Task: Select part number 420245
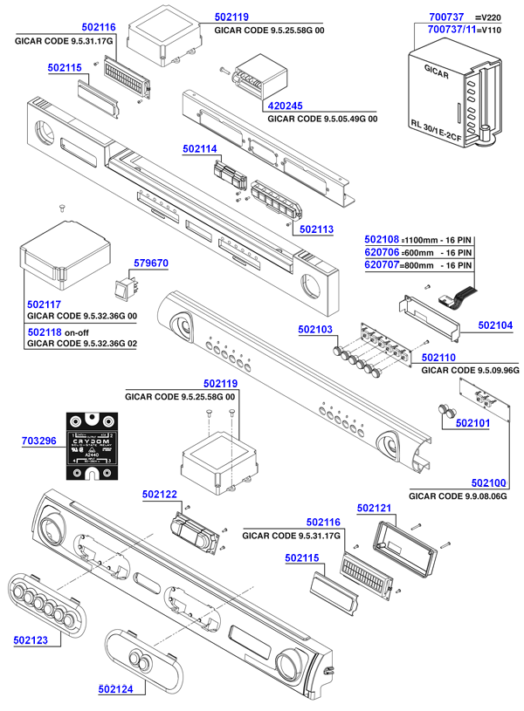pyautogui.click(x=285, y=106)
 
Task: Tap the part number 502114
pyautogui.click(x=200, y=149)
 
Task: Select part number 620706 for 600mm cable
pyautogui.click(x=382, y=251)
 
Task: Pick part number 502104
pyautogui.click(x=495, y=325)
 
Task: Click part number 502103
pyautogui.click(x=315, y=329)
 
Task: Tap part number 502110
pyautogui.click(x=439, y=358)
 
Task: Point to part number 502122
pyautogui.click(x=160, y=495)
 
